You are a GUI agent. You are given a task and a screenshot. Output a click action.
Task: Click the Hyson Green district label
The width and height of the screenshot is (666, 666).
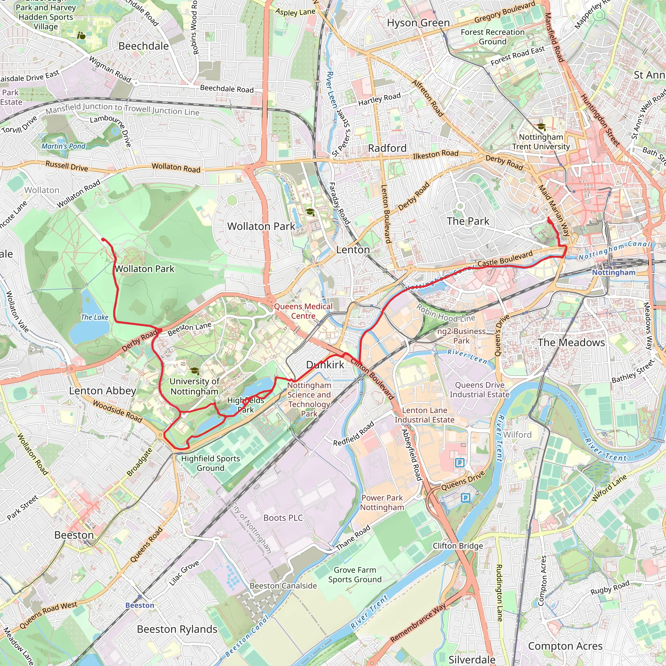(x=418, y=23)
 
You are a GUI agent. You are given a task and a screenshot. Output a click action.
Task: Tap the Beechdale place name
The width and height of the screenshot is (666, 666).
(x=143, y=46)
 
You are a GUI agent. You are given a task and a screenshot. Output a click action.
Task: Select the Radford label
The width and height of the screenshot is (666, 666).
(x=387, y=148)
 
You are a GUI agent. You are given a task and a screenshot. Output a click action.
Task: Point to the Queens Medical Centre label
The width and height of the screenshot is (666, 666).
(x=303, y=311)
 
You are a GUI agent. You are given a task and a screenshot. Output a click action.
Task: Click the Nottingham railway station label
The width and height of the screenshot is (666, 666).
(x=614, y=272)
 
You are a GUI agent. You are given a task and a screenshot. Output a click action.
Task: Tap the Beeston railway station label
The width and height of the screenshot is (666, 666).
(x=140, y=605)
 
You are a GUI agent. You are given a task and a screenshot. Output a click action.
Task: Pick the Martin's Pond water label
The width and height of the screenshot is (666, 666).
(x=63, y=146)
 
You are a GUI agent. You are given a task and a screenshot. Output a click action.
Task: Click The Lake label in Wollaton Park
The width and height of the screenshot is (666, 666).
(x=94, y=317)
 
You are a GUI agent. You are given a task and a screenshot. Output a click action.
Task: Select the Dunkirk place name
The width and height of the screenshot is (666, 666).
(x=325, y=365)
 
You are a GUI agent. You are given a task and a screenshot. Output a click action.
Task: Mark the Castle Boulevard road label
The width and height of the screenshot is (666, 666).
(x=505, y=259)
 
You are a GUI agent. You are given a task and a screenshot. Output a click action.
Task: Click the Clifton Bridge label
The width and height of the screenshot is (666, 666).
(x=458, y=546)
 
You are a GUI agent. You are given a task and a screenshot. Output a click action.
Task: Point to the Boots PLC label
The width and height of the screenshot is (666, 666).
(x=283, y=518)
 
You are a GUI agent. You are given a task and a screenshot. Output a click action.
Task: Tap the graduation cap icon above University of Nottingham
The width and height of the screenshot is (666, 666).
(x=194, y=371)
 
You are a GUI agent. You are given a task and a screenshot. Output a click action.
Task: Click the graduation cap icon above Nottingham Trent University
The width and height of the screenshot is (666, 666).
(x=541, y=127)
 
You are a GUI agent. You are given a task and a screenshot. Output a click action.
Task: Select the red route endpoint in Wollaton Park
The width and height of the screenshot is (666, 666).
(x=103, y=240)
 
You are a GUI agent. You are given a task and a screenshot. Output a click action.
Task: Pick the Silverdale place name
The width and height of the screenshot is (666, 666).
(x=472, y=659)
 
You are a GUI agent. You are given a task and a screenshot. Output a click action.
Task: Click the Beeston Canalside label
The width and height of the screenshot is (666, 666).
(x=283, y=586)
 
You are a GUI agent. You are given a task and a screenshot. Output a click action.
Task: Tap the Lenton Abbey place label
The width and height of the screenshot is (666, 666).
(x=102, y=391)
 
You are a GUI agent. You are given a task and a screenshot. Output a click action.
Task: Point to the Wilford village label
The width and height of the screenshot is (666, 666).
(x=517, y=435)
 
